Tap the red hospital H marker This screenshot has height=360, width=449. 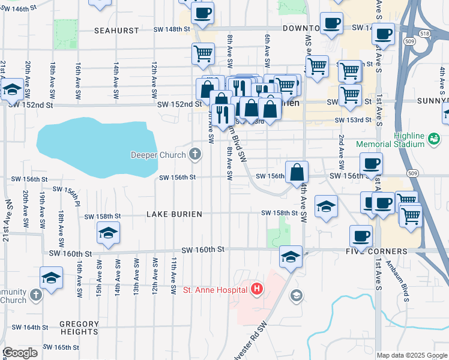(x=257, y=290)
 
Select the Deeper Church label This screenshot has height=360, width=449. (x=158, y=155)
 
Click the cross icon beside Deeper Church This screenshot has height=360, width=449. (x=194, y=155)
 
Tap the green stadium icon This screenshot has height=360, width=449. (x=433, y=140)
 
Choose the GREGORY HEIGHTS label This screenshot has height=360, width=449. (x=79, y=328)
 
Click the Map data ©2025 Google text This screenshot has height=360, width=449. (x=412, y=355)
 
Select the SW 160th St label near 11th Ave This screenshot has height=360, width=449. (x=204, y=249)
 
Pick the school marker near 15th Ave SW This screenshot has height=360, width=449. (x=108, y=233)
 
